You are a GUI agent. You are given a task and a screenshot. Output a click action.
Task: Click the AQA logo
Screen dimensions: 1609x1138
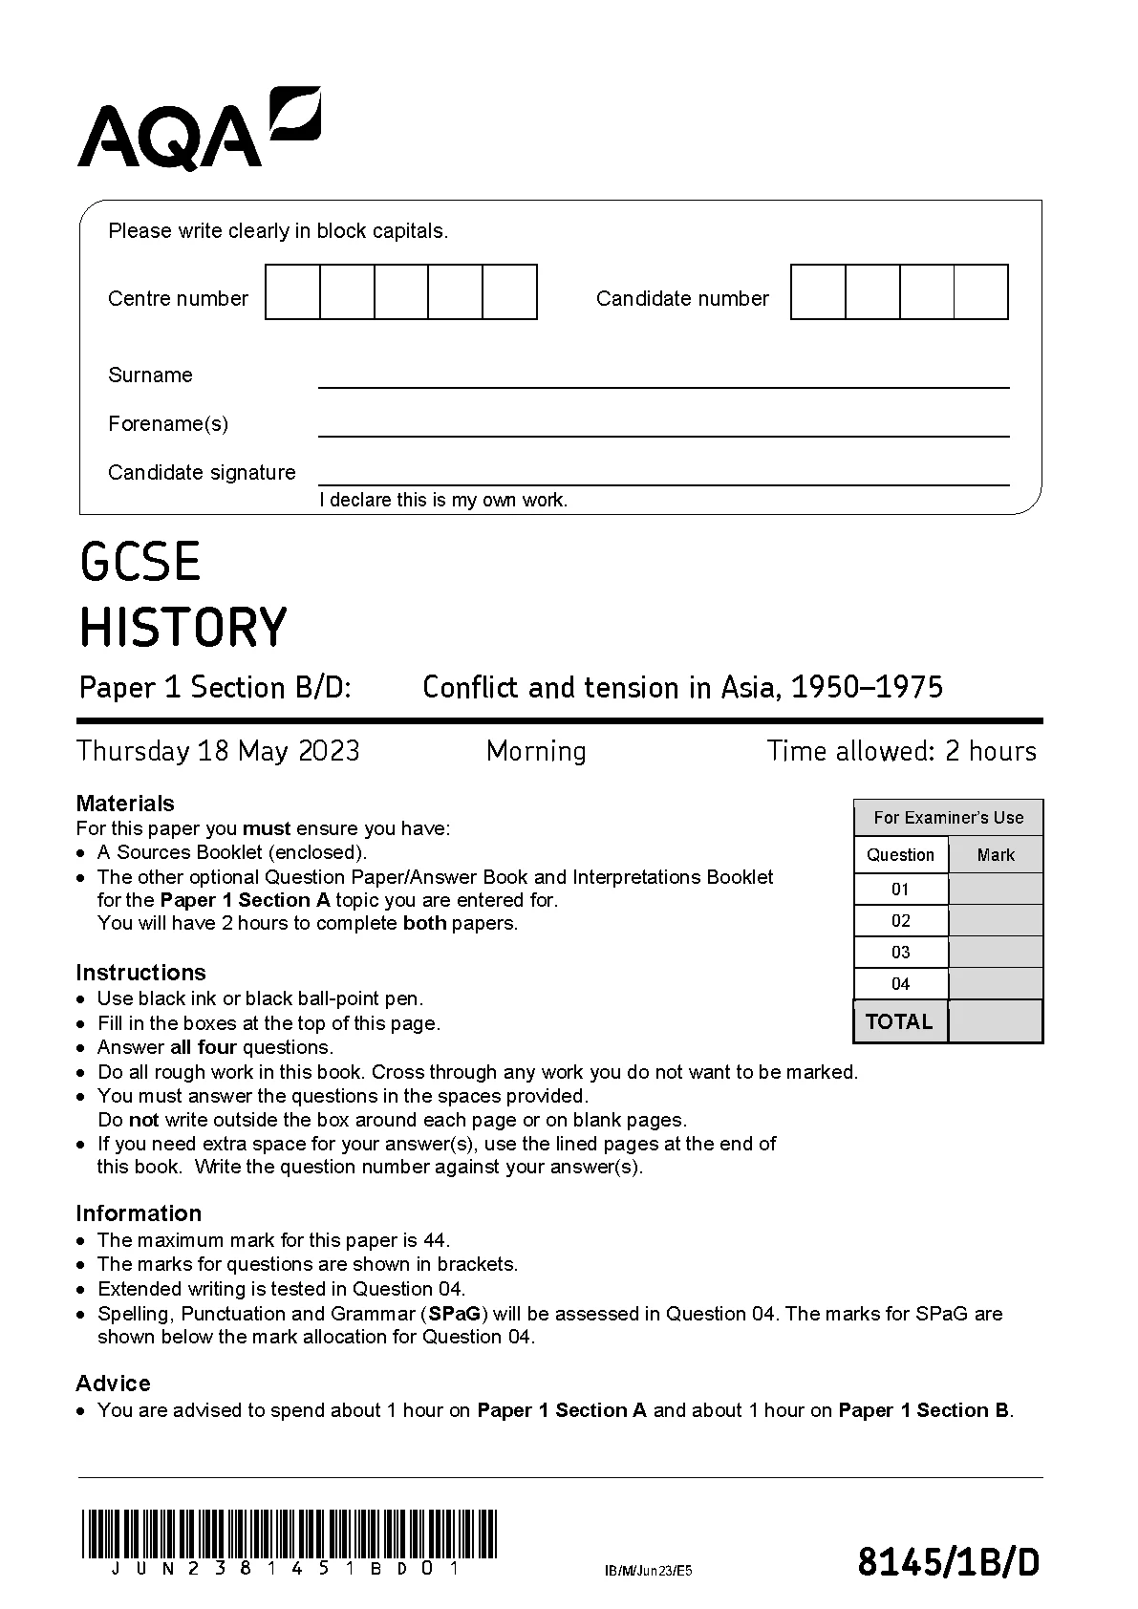(199, 129)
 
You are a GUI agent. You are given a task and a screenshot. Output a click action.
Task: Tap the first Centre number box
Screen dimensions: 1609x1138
(292, 292)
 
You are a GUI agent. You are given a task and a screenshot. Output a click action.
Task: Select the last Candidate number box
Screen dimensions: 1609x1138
(981, 292)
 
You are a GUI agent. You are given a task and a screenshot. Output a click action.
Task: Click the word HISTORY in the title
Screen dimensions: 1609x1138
(183, 628)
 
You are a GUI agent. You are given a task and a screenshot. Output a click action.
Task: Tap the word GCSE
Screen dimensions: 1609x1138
(140, 562)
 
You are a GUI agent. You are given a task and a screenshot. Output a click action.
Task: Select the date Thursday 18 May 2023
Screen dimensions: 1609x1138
(218, 751)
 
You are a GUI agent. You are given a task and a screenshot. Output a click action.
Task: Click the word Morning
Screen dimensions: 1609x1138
(536, 751)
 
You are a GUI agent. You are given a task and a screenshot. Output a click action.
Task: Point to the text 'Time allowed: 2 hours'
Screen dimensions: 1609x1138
(901, 751)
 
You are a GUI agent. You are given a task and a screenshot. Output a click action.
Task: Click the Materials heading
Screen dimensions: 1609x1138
(125, 804)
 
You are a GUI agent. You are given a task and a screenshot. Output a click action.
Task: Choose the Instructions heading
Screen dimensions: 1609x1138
(140, 973)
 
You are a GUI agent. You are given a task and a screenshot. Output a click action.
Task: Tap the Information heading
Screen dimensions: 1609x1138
(139, 1213)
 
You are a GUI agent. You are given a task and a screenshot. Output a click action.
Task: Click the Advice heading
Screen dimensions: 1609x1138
(113, 1384)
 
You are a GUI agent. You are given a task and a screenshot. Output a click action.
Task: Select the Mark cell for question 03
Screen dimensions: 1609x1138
(995, 953)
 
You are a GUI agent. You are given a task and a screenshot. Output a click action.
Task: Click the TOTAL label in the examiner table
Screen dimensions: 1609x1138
(899, 1021)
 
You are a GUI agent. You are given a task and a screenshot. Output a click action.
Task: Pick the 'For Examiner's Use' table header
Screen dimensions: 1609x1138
(948, 818)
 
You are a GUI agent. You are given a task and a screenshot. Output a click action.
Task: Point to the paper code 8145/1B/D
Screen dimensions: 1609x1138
(948, 1563)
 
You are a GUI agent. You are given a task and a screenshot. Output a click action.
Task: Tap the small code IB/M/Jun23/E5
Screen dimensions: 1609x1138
(648, 1570)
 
